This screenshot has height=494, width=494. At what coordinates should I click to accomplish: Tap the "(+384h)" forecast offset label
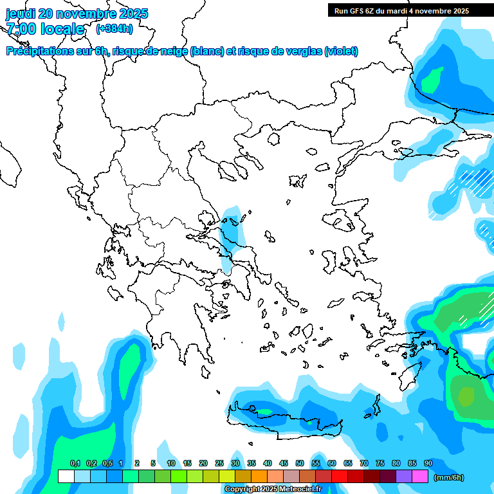point(114,28)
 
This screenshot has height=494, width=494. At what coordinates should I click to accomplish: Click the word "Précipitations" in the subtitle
point(40,51)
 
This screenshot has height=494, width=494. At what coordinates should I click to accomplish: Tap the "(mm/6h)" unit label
point(448,477)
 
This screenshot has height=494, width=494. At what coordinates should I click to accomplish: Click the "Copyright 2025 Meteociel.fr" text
point(273,489)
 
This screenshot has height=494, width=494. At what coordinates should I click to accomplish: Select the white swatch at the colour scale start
point(66,476)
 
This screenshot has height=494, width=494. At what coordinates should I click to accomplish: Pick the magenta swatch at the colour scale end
point(420,476)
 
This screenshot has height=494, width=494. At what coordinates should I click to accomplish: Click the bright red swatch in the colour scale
point(340,476)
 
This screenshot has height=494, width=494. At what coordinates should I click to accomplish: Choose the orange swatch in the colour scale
point(259,476)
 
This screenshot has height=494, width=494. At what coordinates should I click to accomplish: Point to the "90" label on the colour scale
point(428,463)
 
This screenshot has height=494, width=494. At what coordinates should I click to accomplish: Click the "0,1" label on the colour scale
point(75,463)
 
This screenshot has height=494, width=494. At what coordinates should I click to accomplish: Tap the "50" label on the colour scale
point(300,463)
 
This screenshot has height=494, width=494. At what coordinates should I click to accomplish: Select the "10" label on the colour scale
point(171,463)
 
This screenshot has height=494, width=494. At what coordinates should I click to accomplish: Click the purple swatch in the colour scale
point(404,476)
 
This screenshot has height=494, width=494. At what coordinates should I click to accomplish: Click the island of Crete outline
point(289,425)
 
